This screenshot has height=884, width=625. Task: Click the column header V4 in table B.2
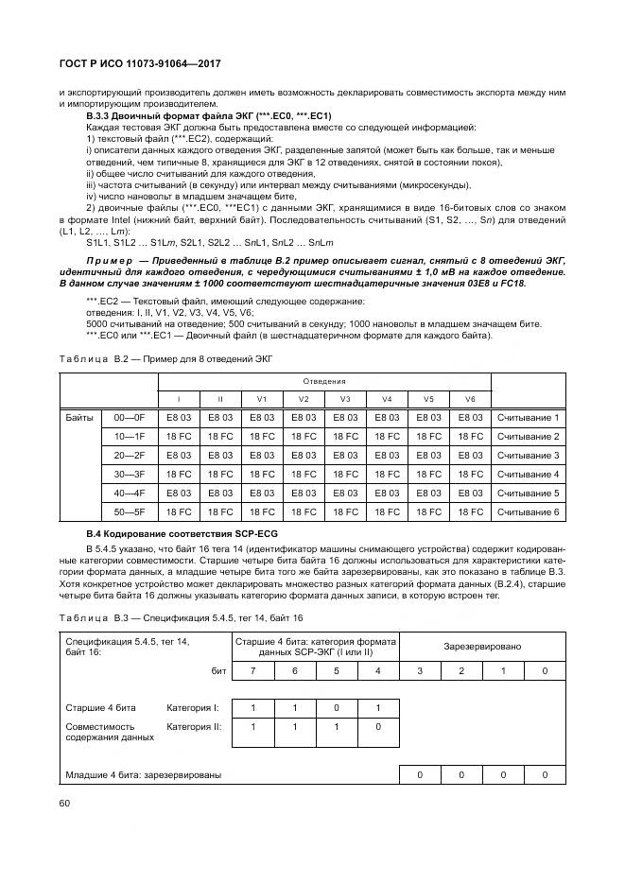coord(387,399)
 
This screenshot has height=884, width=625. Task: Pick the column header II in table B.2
coord(220,399)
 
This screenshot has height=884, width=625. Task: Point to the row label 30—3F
coord(129,474)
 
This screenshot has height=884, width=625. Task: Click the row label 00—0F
coord(129,417)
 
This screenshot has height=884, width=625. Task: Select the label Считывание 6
coord(529,511)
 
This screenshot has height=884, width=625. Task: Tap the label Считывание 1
coord(529,417)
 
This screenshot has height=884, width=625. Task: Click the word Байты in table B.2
coord(82,417)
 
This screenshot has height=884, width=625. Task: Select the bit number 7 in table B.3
coord(253,670)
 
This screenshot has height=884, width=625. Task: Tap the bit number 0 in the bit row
coord(544,670)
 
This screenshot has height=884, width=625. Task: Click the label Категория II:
coord(194,726)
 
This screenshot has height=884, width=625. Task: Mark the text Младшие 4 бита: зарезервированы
coord(144,775)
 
